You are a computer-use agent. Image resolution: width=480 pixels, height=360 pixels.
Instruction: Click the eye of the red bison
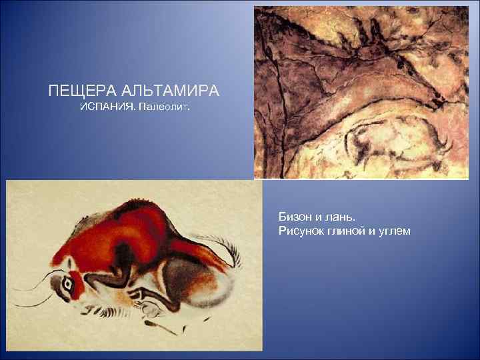(67, 283)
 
